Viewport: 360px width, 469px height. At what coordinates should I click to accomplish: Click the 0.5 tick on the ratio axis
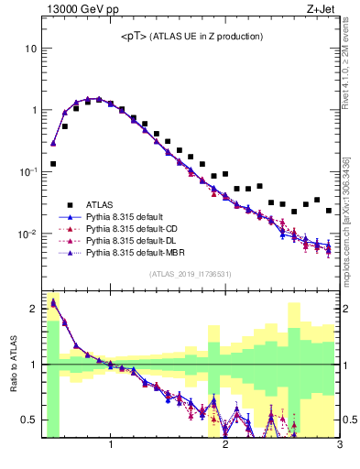pos(31,420)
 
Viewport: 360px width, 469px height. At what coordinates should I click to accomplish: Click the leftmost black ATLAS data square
pos(53,164)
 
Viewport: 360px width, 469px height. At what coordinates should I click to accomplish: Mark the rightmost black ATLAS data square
pos(329,210)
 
